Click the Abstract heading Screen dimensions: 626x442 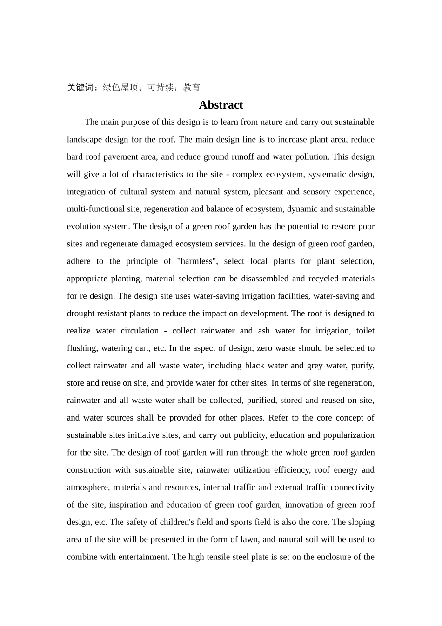pyautogui.click(x=221, y=105)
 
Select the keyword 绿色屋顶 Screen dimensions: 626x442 pyautogui.click(x=120, y=88)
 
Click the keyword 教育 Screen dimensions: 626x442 pyautogui.click(x=192, y=88)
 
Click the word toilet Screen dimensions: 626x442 pyautogui.click(x=365, y=331)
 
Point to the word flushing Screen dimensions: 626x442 pyautogui.click(x=82, y=348)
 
